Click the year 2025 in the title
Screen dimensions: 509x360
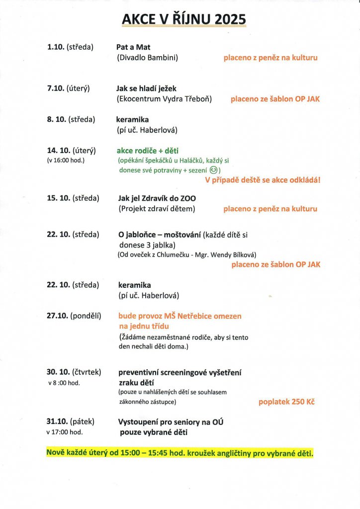pyautogui.click(x=229, y=19)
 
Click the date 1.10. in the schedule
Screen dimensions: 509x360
pyautogui.click(x=56, y=47)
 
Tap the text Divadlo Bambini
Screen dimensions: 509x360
pyautogui.click(x=147, y=58)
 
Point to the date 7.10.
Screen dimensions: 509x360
pyautogui.click(x=56, y=88)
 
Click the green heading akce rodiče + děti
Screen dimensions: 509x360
pyautogui.click(x=148, y=151)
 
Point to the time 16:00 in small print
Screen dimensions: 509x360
pyautogui.click(x=65, y=160)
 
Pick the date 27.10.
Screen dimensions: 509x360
pyautogui.click(x=57, y=316)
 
